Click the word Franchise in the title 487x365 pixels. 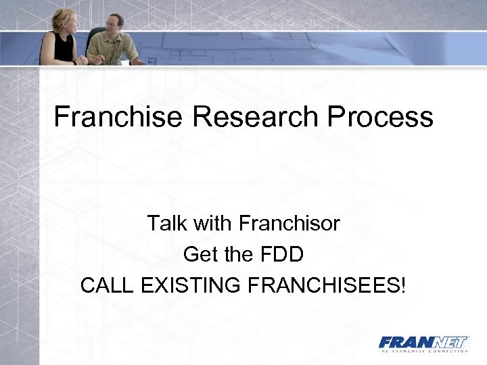point(118,117)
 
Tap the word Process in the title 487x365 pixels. point(381,117)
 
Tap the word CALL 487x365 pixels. point(108,285)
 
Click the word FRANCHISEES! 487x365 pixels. point(328,285)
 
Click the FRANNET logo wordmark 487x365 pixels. point(423,341)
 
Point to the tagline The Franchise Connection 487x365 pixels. point(423,351)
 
